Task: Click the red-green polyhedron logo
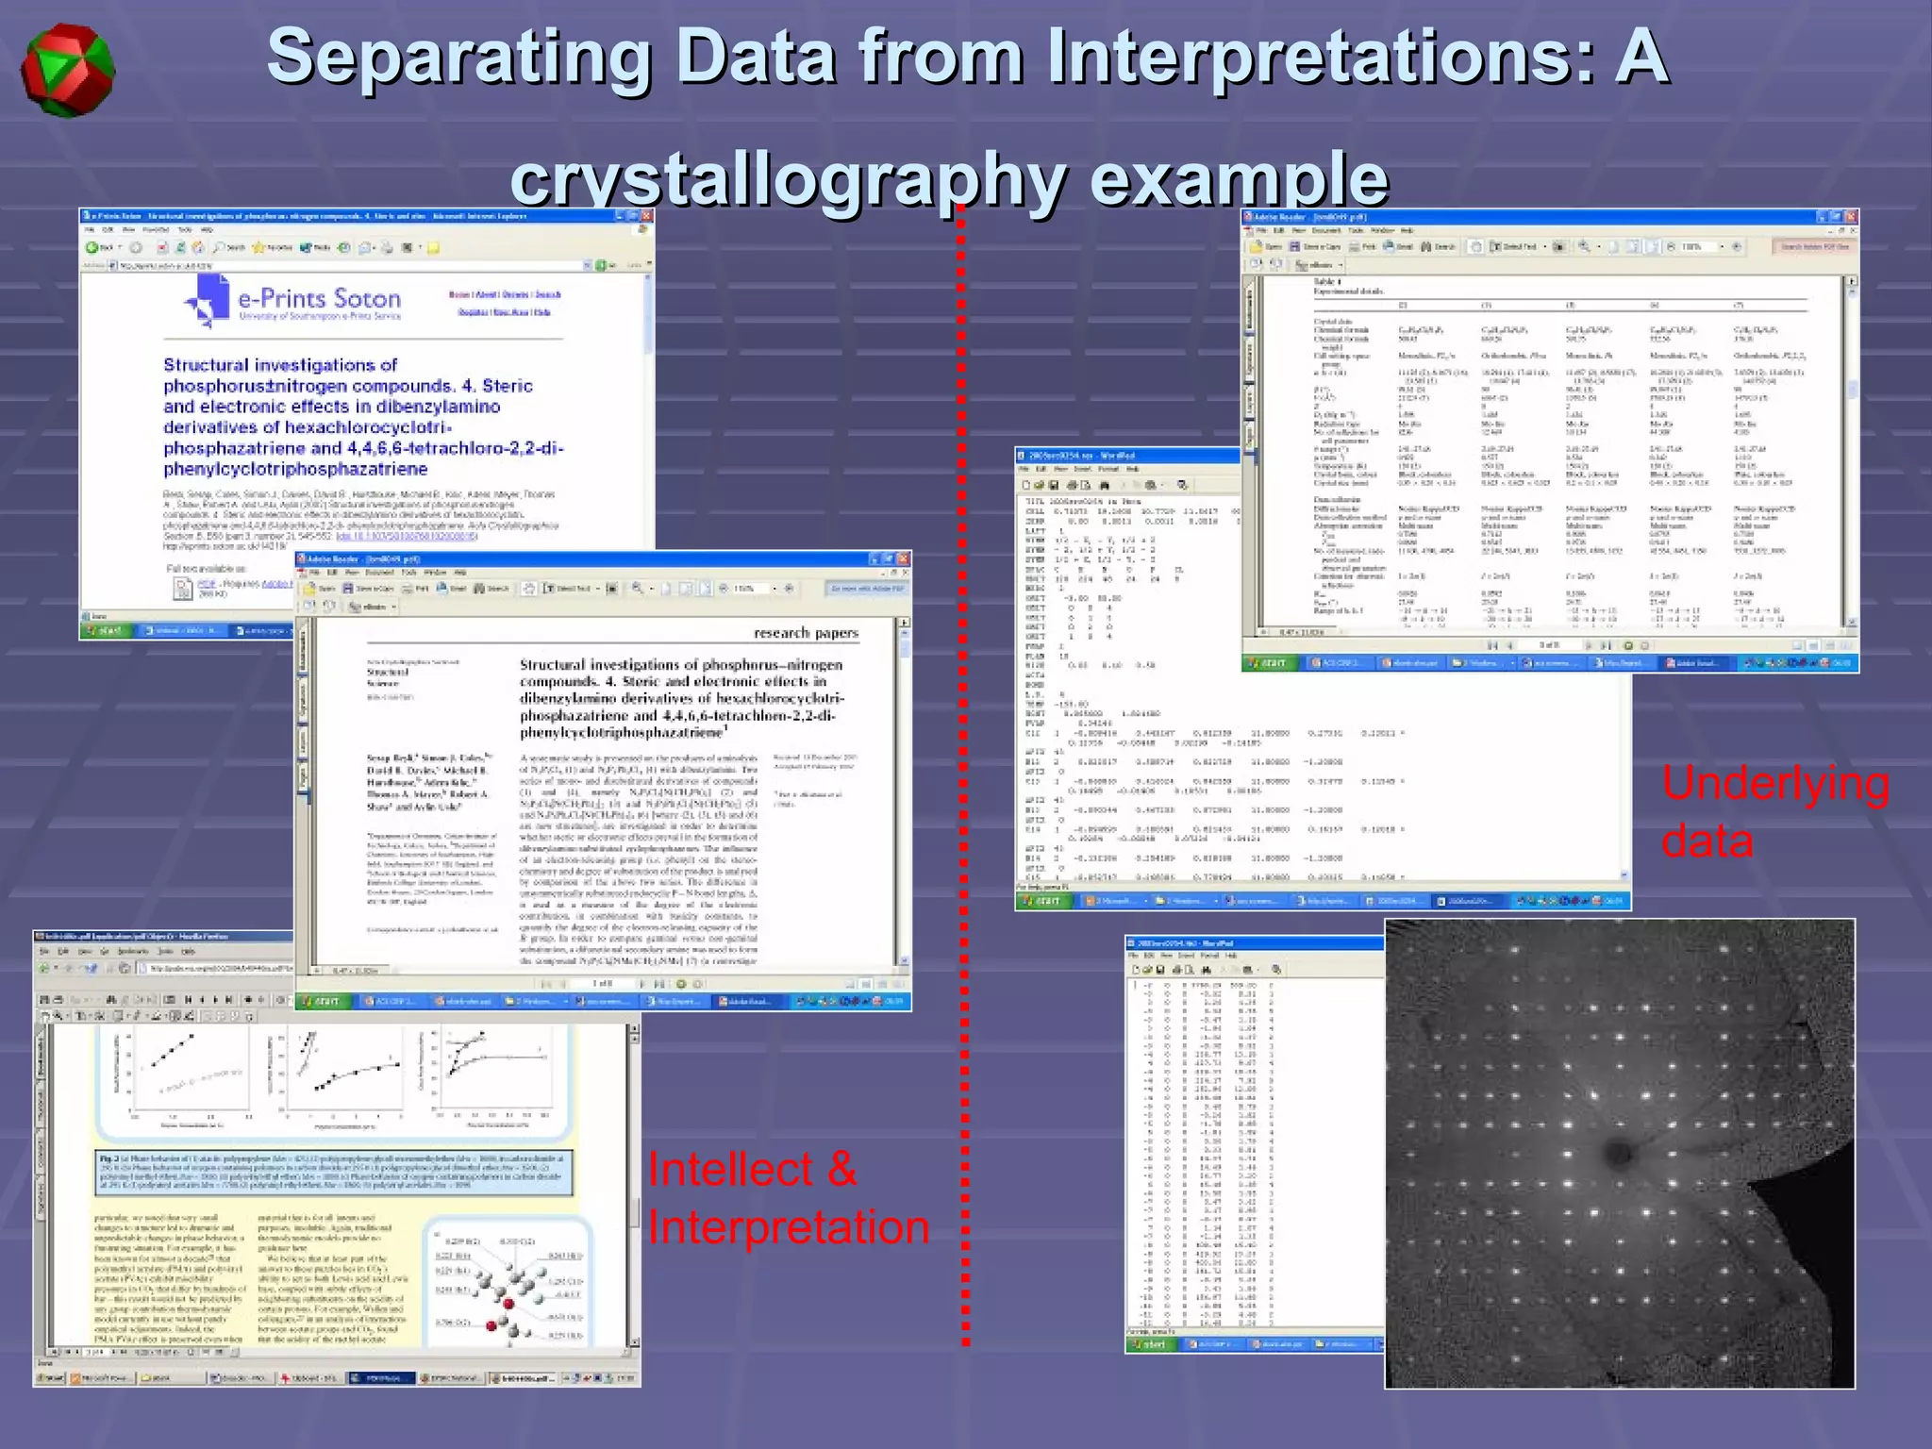coord(67,71)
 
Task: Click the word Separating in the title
coord(458,57)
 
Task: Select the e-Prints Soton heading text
coord(319,299)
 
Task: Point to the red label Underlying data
coord(1774,811)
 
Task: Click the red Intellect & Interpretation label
coord(788,1198)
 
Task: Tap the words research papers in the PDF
coord(806,633)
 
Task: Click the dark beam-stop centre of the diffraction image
coord(1619,1152)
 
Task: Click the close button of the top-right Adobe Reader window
coord(1851,217)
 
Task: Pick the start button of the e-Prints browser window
coord(106,630)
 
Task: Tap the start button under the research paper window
coord(322,1001)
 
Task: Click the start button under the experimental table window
coord(1269,663)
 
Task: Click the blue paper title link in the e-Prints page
coord(363,417)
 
